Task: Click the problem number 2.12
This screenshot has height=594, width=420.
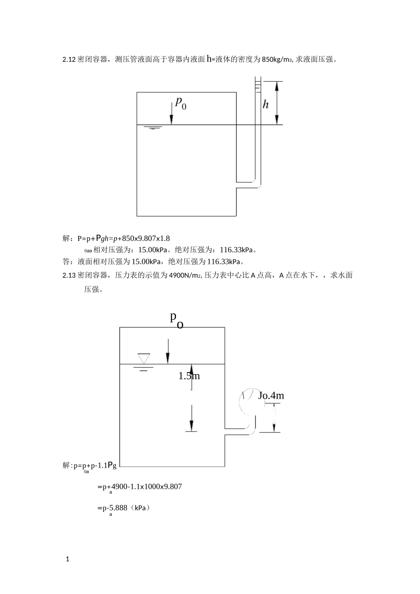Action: [69, 59]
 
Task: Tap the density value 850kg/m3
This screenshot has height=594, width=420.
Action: [275, 60]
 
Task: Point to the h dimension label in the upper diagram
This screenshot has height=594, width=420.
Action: [266, 105]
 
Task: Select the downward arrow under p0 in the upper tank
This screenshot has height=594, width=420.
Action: [171, 114]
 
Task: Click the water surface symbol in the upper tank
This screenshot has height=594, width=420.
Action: [153, 128]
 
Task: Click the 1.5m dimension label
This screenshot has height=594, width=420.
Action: [189, 376]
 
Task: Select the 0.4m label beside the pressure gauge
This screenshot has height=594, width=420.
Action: [271, 396]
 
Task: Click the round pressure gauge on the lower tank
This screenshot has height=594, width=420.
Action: [248, 401]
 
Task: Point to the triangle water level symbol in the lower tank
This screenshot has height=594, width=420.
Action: [144, 358]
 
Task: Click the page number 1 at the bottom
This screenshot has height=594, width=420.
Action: [68, 559]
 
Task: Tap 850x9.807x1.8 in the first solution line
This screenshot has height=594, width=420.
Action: [145, 239]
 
